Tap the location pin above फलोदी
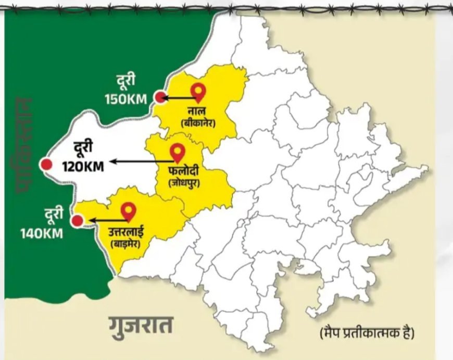coord(179,153)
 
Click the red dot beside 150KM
coord(160,97)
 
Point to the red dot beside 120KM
coord(47,165)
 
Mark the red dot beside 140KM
coord(78,221)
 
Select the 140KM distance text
coord(42,233)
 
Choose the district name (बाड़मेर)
coord(127,242)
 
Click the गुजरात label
coord(141,327)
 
